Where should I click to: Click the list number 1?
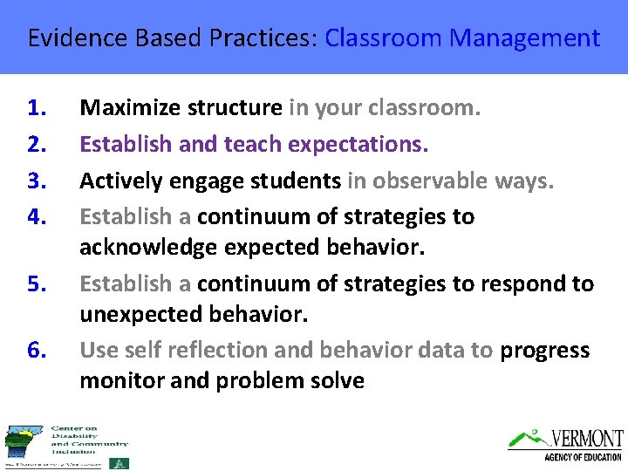[x=37, y=108]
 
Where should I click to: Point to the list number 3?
[x=37, y=181]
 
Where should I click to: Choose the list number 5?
[x=37, y=283]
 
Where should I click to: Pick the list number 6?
[x=37, y=350]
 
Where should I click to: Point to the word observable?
[x=422, y=181]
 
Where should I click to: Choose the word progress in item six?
[x=544, y=351]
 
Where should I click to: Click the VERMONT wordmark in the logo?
[x=586, y=439]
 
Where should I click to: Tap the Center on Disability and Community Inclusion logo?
[x=65, y=446]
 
